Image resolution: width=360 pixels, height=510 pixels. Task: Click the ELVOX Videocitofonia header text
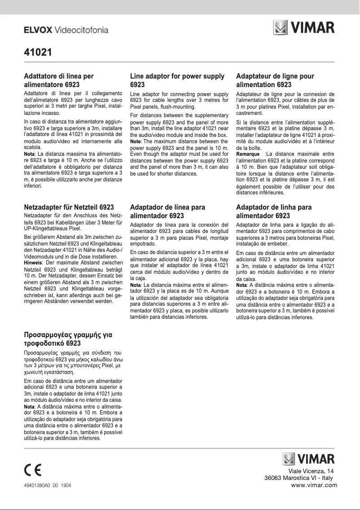pyautogui.click(x=66, y=31)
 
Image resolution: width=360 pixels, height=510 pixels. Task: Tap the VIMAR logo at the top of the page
pyautogui.click(x=304, y=27)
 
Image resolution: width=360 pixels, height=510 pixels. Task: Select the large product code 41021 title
pyautogui.click(x=38, y=52)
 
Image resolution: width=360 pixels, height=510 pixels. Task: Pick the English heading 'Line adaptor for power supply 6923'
pyautogui.click(x=177, y=80)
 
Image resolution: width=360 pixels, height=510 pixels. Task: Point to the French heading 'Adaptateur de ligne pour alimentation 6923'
pyautogui.click(x=275, y=80)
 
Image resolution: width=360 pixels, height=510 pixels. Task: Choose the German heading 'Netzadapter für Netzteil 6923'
pyautogui.click(x=69, y=207)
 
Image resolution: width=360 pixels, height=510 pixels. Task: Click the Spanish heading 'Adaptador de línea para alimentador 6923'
pyautogui.click(x=167, y=211)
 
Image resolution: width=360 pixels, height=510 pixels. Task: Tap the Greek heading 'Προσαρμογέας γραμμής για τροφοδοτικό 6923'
pyautogui.click(x=68, y=339)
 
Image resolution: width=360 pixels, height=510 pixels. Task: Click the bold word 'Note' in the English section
pyautogui.click(x=136, y=141)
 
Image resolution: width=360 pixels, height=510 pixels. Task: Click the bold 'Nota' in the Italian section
pyautogui.click(x=29, y=154)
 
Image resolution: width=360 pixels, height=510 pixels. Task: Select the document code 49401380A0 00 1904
pyautogui.click(x=47, y=486)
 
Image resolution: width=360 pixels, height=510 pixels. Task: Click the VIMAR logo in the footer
pyautogui.click(x=308, y=459)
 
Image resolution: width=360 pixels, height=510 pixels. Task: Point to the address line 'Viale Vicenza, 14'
pyautogui.click(x=311, y=470)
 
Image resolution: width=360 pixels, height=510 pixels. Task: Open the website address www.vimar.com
pyautogui.click(x=314, y=485)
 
